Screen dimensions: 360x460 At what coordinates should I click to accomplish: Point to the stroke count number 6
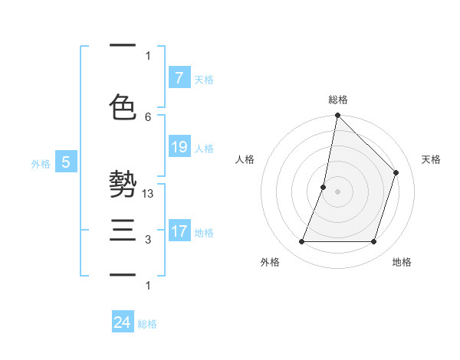(x=148, y=116)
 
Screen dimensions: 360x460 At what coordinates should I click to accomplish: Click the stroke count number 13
(x=148, y=195)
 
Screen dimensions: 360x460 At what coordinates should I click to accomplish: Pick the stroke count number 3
(x=148, y=240)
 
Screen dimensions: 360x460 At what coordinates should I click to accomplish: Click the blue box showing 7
(x=179, y=77)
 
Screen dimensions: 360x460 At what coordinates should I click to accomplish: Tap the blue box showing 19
(x=179, y=147)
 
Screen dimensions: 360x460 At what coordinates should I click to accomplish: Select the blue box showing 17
(x=179, y=231)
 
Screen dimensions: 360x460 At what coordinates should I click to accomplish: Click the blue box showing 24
(x=122, y=322)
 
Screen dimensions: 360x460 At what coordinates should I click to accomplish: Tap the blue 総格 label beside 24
(x=147, y=324)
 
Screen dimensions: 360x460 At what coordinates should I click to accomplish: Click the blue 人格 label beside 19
(x=204, y=149)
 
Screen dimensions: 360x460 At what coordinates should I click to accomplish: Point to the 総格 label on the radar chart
(x=338, y=100)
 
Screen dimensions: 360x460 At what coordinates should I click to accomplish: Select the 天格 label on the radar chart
(x=432, y=159)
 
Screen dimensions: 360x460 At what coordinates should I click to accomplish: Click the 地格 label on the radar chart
(x=402, y=262)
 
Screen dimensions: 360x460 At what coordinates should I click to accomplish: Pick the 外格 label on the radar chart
(x=270, y=262)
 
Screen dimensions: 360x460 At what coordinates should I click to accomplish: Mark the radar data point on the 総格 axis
(x=337, y=115)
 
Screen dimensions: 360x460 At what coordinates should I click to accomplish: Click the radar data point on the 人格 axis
(x=324, y=187)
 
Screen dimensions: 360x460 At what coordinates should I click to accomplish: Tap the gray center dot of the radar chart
(x=337, y=191)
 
